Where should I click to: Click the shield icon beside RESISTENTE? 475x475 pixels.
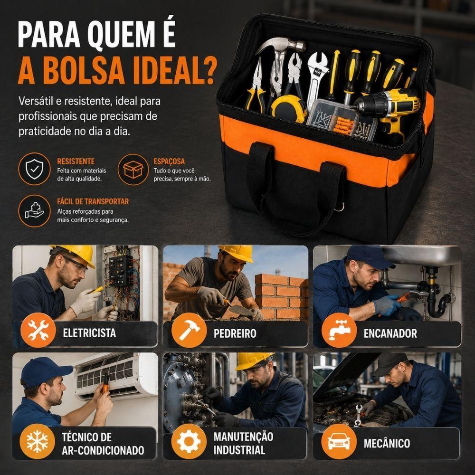point(34,169)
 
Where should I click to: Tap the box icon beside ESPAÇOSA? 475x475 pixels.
point(133,170)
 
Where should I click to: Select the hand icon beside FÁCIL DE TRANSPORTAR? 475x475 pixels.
point(34,211)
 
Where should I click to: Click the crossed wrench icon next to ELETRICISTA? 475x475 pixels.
point(38,330)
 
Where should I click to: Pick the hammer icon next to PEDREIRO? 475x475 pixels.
point(189,331)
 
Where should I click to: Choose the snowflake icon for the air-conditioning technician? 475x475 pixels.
point(37,441)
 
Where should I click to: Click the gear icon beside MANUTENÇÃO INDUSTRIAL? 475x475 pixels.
point(189,441)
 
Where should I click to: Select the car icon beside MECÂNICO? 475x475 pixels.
point(339,441)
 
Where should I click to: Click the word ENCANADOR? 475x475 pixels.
point(390,333)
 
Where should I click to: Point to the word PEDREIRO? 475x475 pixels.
point(235,333)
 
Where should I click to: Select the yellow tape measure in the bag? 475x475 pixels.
point(288,108)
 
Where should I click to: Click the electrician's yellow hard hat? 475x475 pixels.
point(75,254)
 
